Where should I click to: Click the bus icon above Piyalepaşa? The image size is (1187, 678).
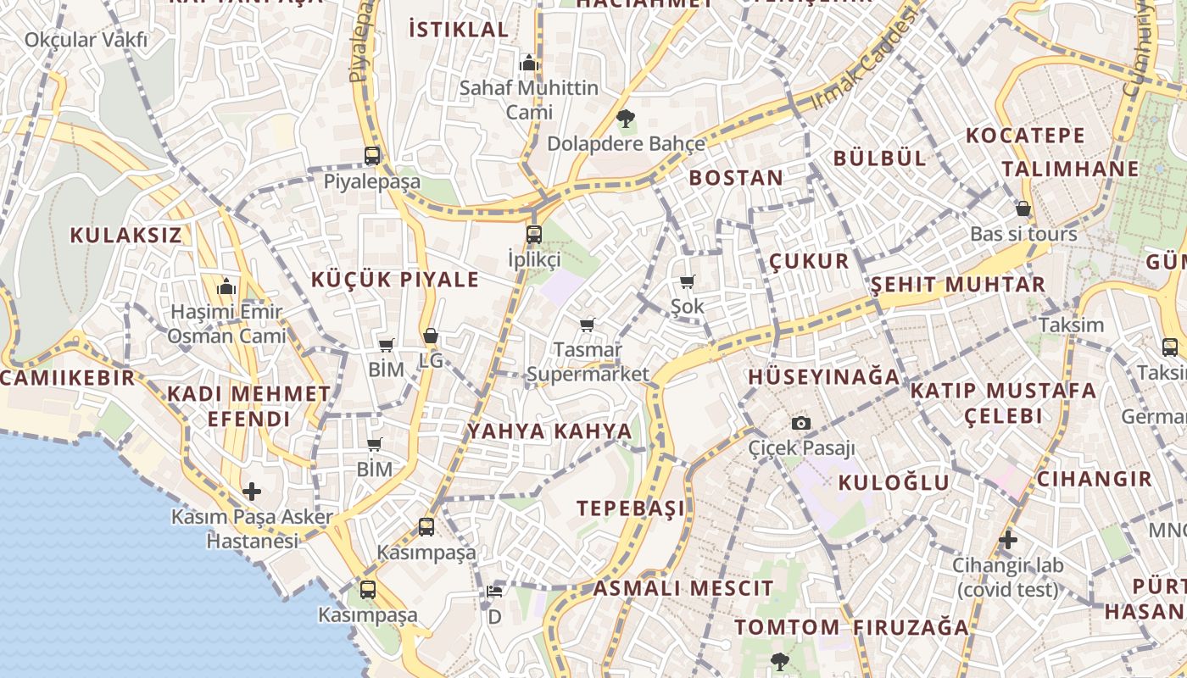pos(371,155)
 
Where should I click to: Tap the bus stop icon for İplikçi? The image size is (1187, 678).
pos(533,234)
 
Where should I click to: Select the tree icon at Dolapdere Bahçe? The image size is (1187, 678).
pos(626,118)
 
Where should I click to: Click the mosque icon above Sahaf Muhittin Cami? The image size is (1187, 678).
pos(529,63)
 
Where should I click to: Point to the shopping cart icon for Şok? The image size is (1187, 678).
pos(687,281)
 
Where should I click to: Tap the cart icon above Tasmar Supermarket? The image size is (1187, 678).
pos(587,325)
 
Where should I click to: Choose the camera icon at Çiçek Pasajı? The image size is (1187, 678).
pos(800,423)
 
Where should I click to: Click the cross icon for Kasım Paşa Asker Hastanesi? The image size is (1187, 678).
pos(252,492)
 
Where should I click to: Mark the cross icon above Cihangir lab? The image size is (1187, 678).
pos(1007,539)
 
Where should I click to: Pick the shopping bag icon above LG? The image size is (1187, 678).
pos(431,336)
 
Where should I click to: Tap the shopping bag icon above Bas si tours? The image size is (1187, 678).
pos(1023,208)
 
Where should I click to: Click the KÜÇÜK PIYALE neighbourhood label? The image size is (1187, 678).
pos(395,280)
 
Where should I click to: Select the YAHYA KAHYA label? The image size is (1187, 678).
pos(550,431)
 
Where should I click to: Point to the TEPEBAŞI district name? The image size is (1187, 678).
pos(631,508)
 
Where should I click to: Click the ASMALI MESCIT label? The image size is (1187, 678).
pos(683,588)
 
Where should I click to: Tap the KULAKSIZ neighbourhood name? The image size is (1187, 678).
pos(125,235)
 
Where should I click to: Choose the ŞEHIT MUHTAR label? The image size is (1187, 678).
pos(958,284)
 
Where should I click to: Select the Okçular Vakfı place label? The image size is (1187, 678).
pos(86,40)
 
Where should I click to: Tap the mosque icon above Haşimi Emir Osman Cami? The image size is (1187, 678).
pos(226,287)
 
